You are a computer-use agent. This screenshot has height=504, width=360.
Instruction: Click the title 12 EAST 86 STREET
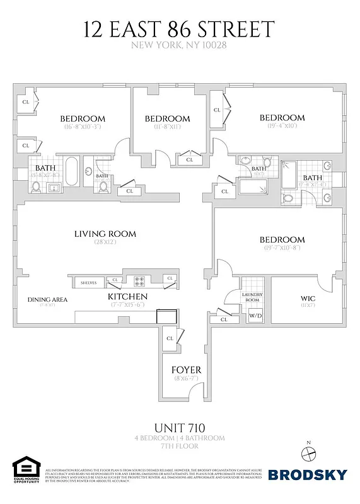(x=180, y=29)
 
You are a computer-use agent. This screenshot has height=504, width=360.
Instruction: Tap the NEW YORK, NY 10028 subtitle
(x=180, y=45)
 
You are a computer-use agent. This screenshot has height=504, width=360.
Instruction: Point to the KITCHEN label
(x=127, y=296)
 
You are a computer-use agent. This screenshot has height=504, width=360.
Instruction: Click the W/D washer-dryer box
(x=255, y=315)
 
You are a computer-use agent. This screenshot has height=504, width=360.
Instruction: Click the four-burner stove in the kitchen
(x=140, y=281)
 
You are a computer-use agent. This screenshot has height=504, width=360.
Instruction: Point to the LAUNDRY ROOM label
(x=255, y=297)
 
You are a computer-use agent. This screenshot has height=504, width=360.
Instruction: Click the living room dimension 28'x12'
(x=105, y=243)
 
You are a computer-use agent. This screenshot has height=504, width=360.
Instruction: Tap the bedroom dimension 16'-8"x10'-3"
(x=83, y=127)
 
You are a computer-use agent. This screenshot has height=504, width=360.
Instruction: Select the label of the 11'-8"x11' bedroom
(x=167, y=118)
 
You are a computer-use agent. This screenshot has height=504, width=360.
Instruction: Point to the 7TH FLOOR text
(x=180, y=445)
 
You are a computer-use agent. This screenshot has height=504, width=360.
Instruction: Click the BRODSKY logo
(x=307, y=474)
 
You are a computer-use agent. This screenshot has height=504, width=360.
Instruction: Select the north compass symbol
(x=308, y=451)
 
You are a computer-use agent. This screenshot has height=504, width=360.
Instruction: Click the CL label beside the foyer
(x=170, y=338)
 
